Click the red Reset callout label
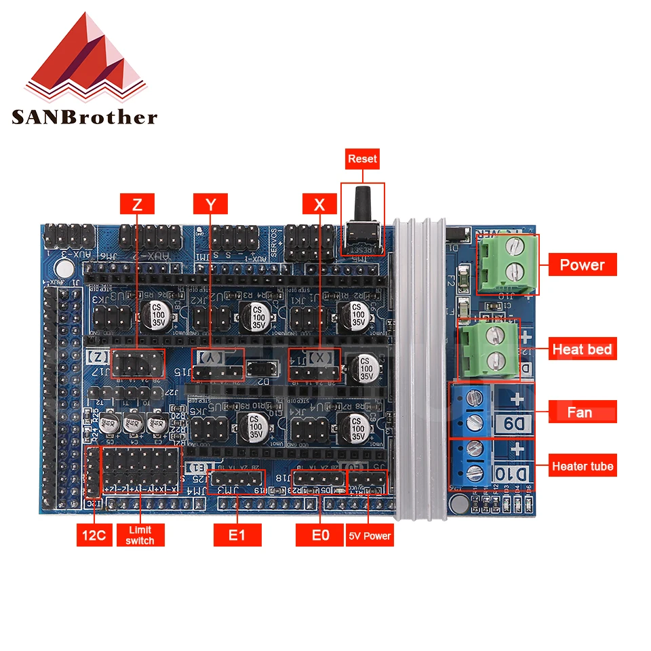point(362,159)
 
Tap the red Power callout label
point(582,264)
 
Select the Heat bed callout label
point(582,350)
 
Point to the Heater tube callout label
point(582,466)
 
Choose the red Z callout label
point(137,203)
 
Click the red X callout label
point(320,203)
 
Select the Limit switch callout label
point(140,535)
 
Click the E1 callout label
point(236,535)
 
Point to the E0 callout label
point(320,535)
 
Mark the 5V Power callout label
point(370,535)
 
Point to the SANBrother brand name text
point(84,117)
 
